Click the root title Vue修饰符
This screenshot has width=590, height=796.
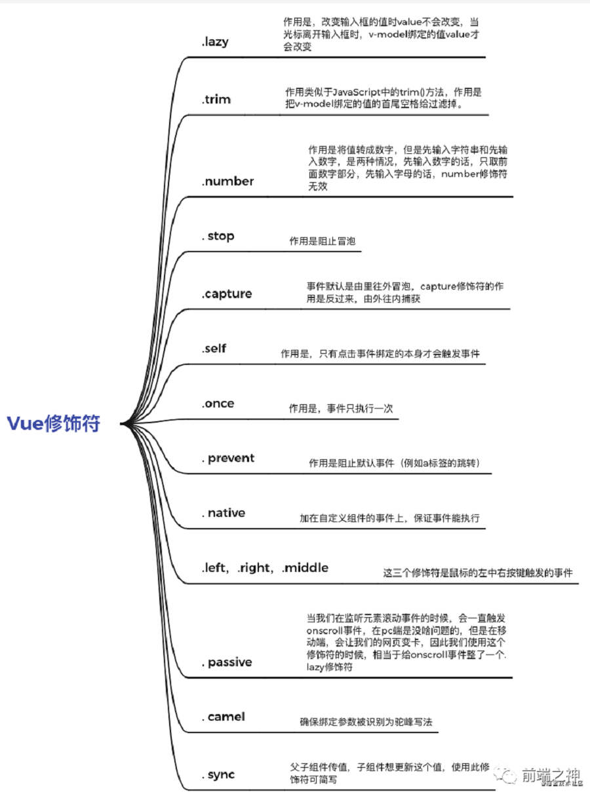[x=54, y=423]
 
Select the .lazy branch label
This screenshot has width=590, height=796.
[x=215, y=41]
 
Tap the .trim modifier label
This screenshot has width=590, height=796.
[x=216, y=100]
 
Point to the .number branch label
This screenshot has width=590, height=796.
[x=227, y=181]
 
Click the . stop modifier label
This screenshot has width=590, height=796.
[x=218, y=236]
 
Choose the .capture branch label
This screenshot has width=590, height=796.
[x=227, y=294]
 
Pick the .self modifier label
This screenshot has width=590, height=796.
[x=214, y=348]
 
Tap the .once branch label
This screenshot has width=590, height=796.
[x=218, y=403]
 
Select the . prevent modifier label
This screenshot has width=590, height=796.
[x=228, y=458]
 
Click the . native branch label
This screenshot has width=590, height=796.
[x=224, y=513]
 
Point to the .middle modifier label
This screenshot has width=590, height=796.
[x=305, y=567]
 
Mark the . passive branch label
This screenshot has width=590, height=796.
[x=227, y=662]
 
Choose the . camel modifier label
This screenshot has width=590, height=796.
[x=224, y=717]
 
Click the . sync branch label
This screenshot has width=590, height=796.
[x=218, y=774]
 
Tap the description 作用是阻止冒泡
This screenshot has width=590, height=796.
[x=323, y=241]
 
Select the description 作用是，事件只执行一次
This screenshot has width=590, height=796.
[x=341, y=408]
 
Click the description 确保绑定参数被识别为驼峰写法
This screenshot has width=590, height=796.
[x=366, y=722]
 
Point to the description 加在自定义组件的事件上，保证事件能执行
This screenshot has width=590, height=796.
[x=389, y=518]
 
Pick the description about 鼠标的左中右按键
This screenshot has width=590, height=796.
[x=478, y=573]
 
